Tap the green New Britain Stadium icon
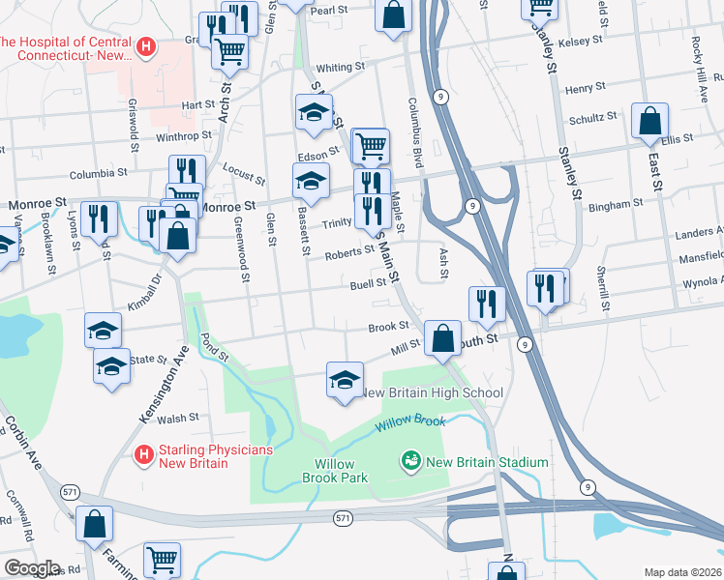pos(411,462)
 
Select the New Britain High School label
pos(432,392)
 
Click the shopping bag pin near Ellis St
pos(650,122)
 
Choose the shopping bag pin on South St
pos(442,338)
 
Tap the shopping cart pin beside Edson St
pos(371,146)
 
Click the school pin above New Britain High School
pos(345,380)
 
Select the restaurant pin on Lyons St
pos(97,218)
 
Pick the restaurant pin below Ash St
pos(487,303)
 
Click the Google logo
pos(32,567)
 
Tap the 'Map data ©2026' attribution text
pos(681,571)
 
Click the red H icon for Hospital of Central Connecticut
pos(145,45)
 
